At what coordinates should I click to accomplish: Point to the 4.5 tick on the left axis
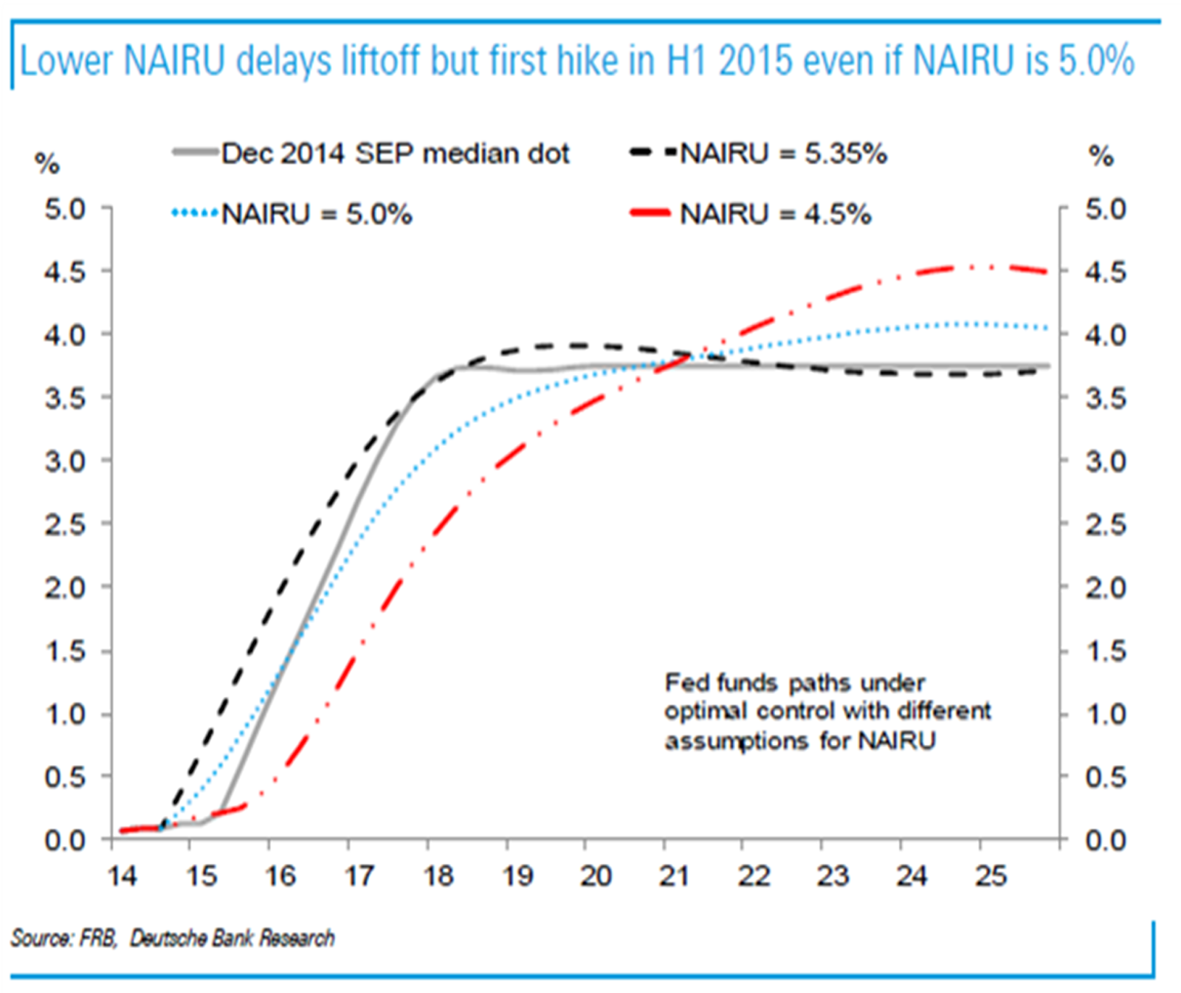65,272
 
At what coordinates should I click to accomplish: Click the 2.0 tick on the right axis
1105,588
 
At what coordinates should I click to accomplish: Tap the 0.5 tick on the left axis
65,777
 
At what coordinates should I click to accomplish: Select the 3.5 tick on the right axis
1105,399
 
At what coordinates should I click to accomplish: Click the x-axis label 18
438,876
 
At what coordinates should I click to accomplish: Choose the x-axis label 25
991,876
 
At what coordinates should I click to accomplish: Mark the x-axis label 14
122,876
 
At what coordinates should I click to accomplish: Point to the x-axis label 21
675,876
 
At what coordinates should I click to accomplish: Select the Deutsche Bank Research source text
232,938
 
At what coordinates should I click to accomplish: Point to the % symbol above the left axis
47,163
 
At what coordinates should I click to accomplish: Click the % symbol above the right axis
1101,156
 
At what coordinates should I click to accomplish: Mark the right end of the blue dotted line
1046,328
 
